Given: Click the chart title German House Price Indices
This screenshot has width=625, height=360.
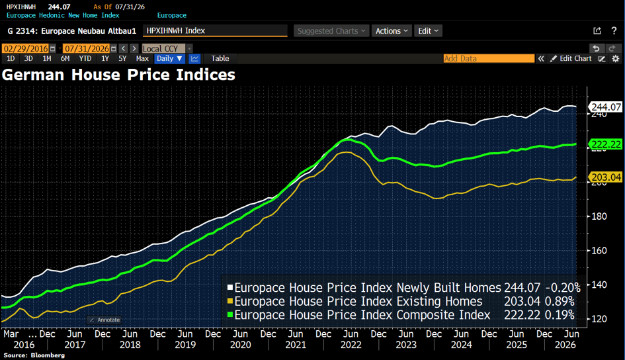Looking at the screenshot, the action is coord(118,75).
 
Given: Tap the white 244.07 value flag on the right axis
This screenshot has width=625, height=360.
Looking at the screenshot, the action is coord(605,107).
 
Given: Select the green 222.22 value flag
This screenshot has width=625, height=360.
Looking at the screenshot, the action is coord(605,144).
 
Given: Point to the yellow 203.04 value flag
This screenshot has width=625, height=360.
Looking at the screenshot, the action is coord(605,177).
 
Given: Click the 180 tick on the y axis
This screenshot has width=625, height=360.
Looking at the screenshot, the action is coord(599,216).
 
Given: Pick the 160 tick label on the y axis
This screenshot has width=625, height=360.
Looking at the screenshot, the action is coord(599,251).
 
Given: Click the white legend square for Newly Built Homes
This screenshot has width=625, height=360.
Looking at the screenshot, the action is coord(230,287).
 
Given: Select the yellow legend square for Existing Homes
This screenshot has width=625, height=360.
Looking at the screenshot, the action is coord(230,301).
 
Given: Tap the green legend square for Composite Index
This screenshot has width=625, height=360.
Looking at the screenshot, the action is coord(230,314).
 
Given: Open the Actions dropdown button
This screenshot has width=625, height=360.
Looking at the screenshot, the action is coord(392,31).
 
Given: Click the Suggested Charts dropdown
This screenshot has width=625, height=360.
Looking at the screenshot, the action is coord(331,31).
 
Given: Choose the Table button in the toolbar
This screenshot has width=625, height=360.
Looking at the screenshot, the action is coord(220,59).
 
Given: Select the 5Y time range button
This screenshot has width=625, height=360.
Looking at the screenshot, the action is coord(122,59).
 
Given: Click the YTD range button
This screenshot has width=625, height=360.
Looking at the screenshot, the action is coord(85,59).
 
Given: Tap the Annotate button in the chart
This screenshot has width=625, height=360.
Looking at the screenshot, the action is coord(105,320).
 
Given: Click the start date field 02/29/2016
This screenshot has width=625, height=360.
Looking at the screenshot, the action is coord(26,48).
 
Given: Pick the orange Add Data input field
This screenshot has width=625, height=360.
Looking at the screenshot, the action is coord(489,59).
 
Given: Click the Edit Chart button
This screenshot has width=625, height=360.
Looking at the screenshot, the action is coord(571,59).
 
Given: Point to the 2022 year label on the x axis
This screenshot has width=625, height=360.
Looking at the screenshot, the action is coord(351,345).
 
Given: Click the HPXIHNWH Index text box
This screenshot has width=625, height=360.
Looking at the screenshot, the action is coord(215,30).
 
